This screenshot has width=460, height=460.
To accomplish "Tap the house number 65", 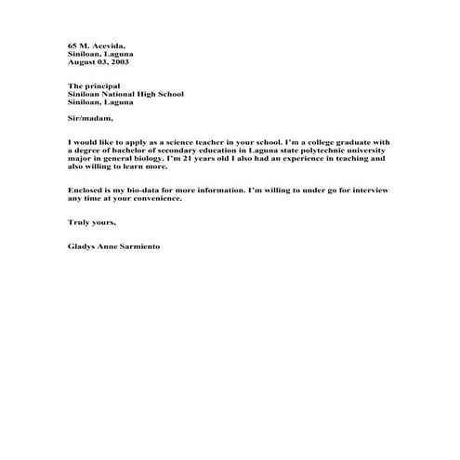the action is click(72, 46).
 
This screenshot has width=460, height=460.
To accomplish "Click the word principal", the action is click(103, 85).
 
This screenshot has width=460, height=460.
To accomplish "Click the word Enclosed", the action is click(85, 191).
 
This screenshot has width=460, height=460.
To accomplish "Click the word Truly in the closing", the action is click(79, 224).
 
